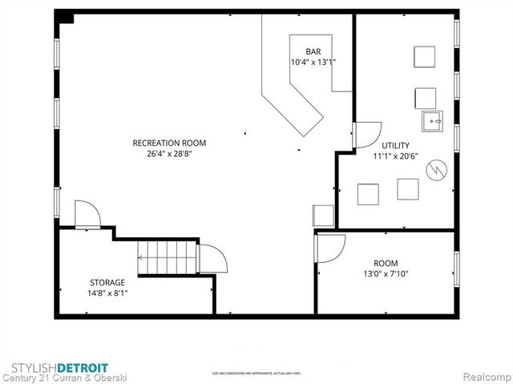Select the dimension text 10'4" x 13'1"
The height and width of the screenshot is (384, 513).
click(313, 62)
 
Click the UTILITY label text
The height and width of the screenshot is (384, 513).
click(395, 144)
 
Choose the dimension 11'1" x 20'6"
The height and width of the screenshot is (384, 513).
click(396, 156)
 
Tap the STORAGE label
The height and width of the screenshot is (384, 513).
click(107, 282)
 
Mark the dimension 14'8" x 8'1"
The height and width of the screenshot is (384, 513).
click(107, 293)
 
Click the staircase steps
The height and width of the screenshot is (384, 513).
click(167, 257)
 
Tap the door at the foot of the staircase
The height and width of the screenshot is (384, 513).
click(212, 258)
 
